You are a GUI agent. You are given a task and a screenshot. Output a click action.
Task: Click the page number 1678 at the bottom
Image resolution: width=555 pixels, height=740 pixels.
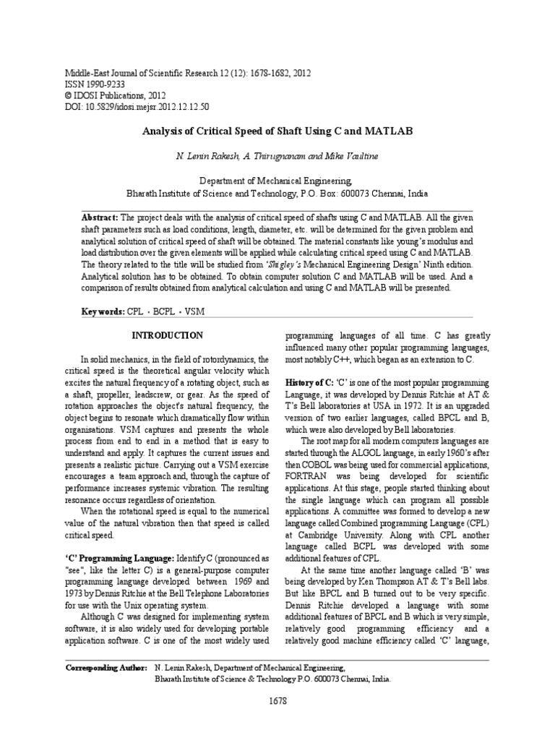(x=277, y=700)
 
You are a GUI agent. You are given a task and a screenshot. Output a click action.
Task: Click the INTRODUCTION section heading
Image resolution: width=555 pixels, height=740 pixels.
(x=167, y=336)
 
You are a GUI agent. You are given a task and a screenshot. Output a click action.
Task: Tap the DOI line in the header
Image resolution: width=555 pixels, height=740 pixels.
(x=127, y=106)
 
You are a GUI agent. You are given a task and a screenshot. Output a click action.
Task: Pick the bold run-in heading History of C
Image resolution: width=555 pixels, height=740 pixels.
(x=307, y=382)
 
